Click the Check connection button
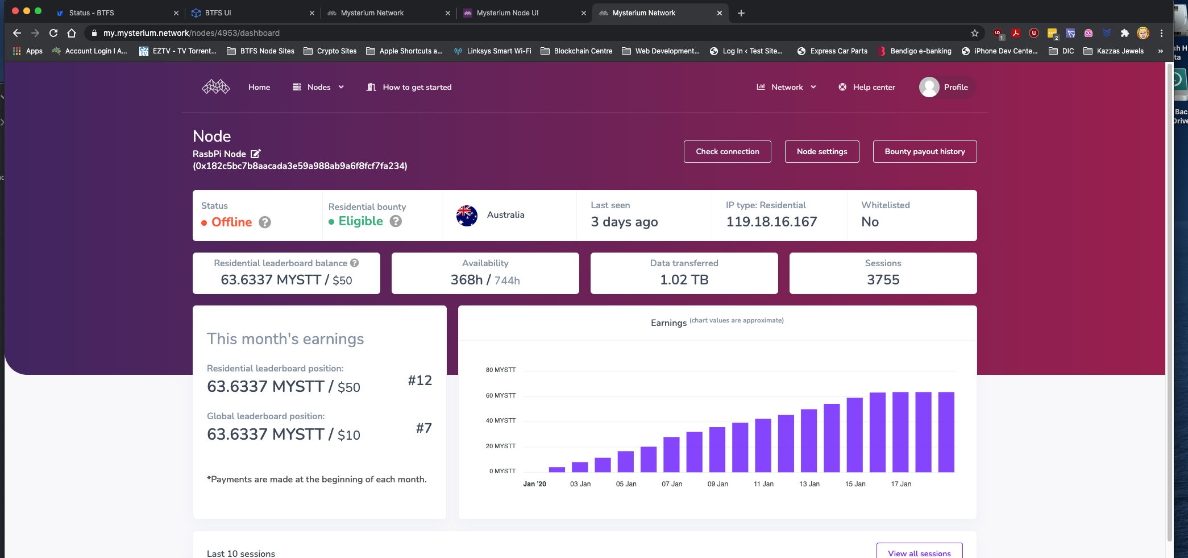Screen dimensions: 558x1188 (727, 151)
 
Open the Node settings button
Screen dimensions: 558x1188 (821, 151)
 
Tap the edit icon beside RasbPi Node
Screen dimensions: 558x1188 (256, 154)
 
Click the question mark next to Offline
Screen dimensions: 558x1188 (265, 222)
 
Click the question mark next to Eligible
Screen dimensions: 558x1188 (396, 221)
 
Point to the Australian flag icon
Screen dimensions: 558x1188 (467, 215)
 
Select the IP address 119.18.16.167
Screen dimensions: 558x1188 (771, 222)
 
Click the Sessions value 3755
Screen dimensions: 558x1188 (883, 280)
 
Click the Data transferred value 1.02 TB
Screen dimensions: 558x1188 (684, 280)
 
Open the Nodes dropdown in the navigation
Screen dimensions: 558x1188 (318, 87)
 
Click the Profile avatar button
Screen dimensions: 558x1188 (929, 87)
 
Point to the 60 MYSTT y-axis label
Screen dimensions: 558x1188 (500, 395)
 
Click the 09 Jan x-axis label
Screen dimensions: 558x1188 (717, 484)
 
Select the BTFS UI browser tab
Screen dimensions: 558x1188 (218, 13)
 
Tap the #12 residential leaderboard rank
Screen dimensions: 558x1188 (419, 381)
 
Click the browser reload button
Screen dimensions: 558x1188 (53, 33)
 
